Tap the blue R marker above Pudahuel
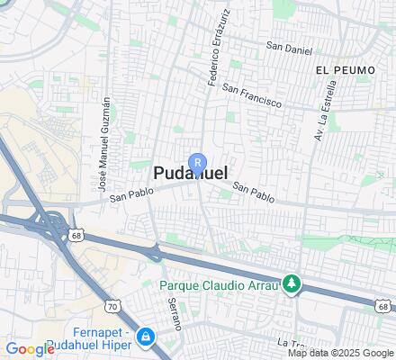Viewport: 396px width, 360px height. [x=199, y=162]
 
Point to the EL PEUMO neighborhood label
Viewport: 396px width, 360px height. [x=339, y=68]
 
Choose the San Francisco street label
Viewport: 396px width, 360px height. [x=253, y=96]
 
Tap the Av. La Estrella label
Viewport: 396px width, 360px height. [x=325, y=109]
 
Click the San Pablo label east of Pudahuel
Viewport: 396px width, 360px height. [x=253, y=191]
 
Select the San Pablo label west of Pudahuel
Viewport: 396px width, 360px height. [x=127, y=195]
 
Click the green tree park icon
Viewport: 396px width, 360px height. [x=291, y=284]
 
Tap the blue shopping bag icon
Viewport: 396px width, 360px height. [x=147, y=337]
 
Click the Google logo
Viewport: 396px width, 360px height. [x=30, y=349]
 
